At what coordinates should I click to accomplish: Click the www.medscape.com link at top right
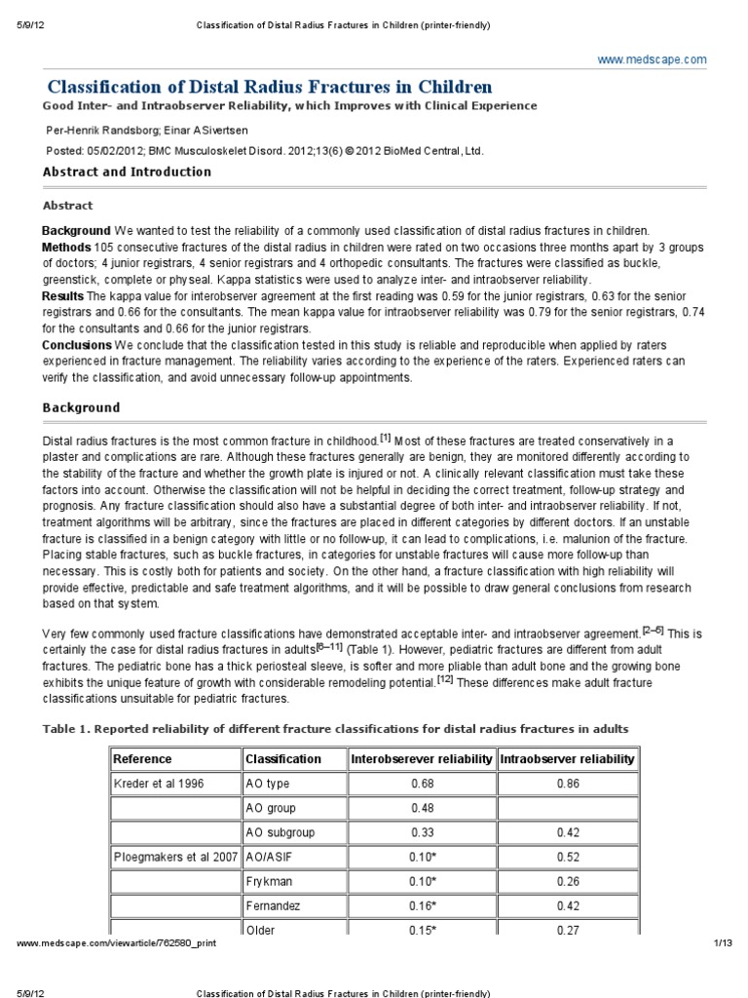(x=652, y=60)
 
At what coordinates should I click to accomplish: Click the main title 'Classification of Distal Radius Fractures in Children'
(x=270, y=87)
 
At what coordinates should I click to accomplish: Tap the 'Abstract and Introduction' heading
(x=127, y=172)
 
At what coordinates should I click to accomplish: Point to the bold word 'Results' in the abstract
(x=63, y=295)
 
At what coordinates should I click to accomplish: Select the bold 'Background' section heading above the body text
(x=82, y=407)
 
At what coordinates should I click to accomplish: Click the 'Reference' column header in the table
(x=143, y=758)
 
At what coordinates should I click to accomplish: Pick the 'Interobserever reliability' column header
(x=421, y=758)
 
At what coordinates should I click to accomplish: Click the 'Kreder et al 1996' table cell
(x=160, y=783)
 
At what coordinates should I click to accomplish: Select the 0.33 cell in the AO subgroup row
(x=421, y=832)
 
